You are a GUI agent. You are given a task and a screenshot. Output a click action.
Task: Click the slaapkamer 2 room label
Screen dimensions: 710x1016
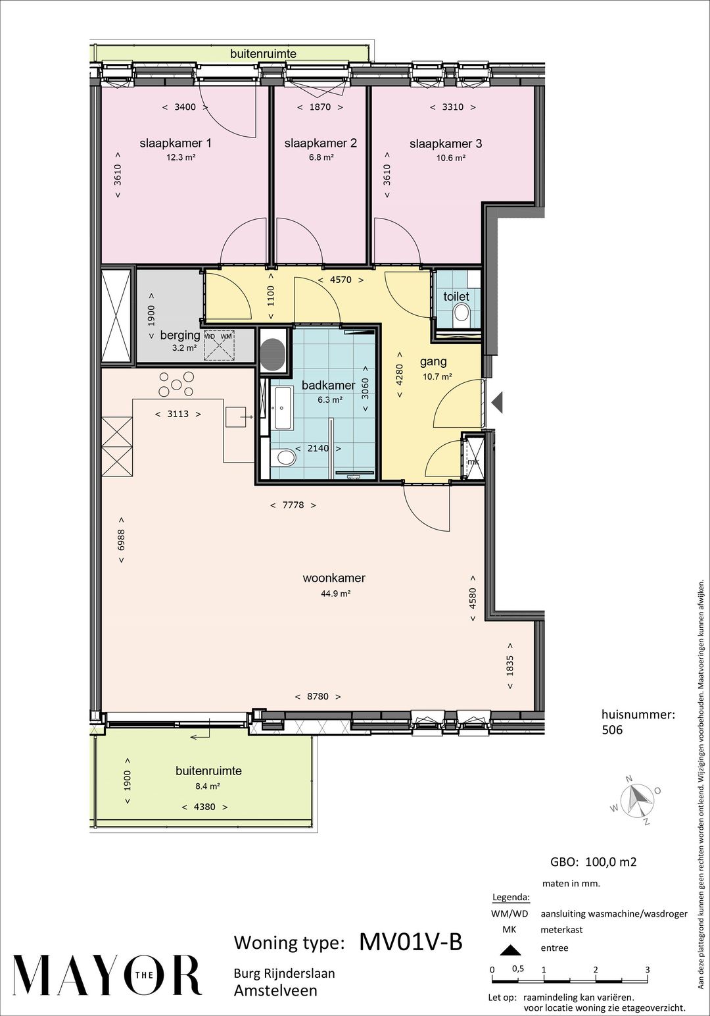(320, 143)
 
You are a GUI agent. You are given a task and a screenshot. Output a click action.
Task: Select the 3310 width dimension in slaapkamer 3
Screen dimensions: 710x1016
(453, 107)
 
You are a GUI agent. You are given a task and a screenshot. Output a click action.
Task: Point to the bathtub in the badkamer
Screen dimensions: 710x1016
(282, 408)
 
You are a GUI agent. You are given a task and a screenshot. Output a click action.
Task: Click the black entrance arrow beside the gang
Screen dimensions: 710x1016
(497, 402)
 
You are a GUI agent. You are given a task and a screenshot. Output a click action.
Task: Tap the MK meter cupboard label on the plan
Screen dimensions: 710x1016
(473, 462)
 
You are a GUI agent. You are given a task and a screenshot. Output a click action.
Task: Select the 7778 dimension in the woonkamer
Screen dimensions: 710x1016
(293, 505)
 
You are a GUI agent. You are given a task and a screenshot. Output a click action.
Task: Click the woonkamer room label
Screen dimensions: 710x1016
(334, 578)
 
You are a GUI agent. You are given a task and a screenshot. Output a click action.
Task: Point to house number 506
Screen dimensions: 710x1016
(612, 730)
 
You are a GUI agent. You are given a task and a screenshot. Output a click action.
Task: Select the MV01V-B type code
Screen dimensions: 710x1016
(411, 942)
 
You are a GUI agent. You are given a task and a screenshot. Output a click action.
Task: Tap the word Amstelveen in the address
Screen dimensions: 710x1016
(275, 990)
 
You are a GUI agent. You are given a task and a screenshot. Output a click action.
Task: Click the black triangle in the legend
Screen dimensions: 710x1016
(511, 950)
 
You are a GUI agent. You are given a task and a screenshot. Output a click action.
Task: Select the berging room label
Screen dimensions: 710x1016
(180, 336)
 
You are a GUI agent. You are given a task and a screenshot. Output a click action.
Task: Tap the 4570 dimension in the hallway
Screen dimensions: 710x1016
(341, 280)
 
